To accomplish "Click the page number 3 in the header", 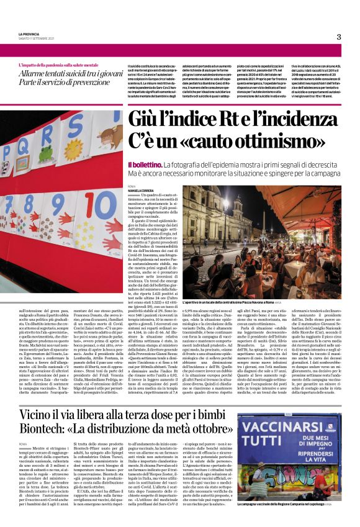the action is (339, 37).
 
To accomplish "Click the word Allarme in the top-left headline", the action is (36, 73).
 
